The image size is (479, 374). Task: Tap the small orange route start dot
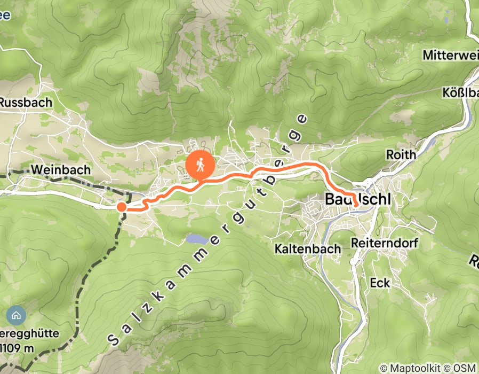[x=122, y=207]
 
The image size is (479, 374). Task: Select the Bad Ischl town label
[x=357, y=199]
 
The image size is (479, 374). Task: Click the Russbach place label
[x=26, y=102]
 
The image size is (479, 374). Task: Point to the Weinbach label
[x=61, y=169]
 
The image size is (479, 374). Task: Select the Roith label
[x=401, y=155]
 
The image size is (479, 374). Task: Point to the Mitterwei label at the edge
[x=450, y=54]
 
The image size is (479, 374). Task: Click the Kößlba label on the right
[x=460, y=92]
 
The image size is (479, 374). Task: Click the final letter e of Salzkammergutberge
[x=303, y=118]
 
